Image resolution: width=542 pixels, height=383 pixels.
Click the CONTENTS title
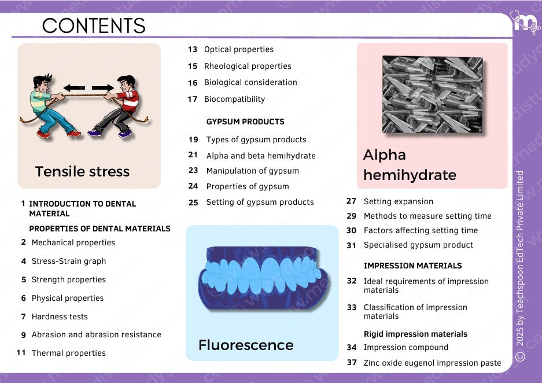[94, 25]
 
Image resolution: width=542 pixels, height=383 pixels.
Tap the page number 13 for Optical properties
[193, 49]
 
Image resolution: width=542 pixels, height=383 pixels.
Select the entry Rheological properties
[248, 66]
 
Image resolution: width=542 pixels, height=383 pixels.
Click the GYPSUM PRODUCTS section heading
[245, 121]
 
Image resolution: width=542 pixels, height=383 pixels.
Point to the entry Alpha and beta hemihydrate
[261, 156]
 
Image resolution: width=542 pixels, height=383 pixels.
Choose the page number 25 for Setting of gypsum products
[193, 202]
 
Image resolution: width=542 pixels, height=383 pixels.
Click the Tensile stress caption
[82, 171]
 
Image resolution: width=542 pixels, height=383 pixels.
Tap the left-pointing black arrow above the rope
[74, 88]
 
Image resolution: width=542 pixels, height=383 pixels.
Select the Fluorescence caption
[246, 345]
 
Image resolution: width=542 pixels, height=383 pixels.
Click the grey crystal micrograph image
[432, 94]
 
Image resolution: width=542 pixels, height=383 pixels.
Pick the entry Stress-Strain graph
[69, 262]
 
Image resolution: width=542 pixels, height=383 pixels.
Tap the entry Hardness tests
[60, 316]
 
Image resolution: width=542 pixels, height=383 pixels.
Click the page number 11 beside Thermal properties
[21, 352]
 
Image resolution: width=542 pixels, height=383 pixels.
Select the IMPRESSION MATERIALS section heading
[413, 266]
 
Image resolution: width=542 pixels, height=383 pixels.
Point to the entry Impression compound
[406, 347]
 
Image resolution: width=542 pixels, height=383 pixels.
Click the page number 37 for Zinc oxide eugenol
[352, 363]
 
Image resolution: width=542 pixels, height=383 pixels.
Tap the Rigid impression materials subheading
[415, 334]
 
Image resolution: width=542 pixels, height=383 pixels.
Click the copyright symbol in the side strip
[520, 356]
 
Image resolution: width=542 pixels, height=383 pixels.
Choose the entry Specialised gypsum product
[418, 245]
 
